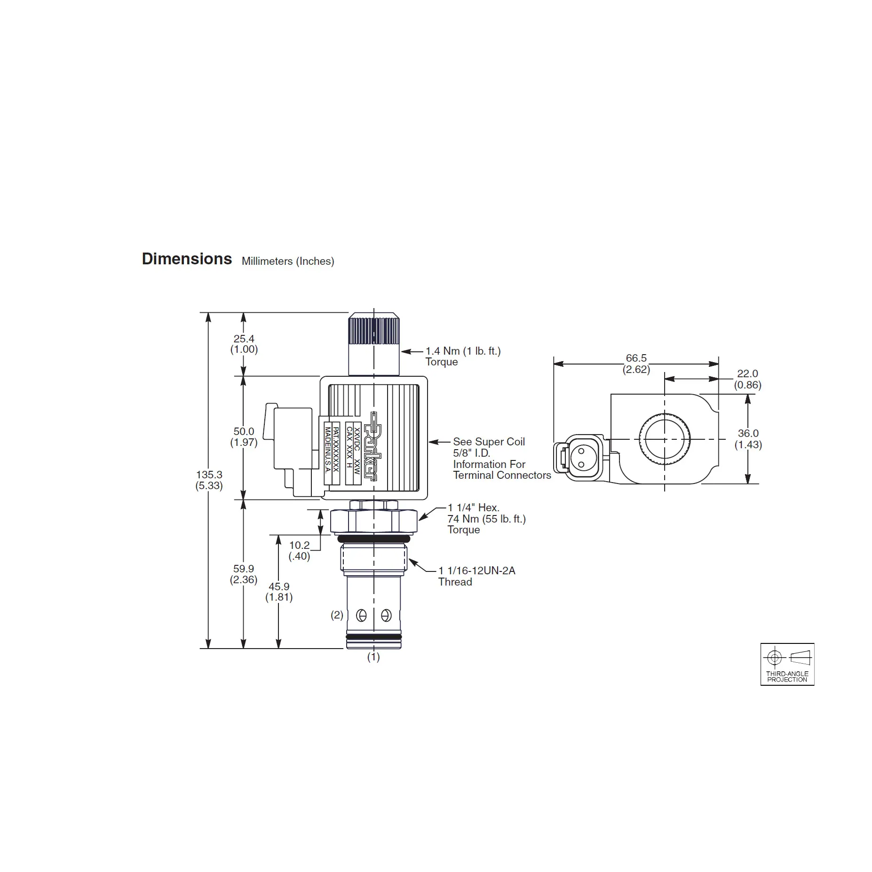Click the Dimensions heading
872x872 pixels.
pos(187,259)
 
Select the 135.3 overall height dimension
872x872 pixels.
pos(209,480)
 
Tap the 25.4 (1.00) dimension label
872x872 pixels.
pos(244,344)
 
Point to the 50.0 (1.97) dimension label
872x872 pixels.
pos(244,436)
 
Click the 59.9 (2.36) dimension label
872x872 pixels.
pos(244,574)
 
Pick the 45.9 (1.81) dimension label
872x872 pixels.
pos(279,592)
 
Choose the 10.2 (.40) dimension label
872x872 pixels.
pos(299,551)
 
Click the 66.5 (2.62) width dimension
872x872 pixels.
pos(636,364)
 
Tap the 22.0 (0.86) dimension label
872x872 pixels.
pos(747,379)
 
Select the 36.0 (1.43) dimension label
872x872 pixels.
pos(748,439)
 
